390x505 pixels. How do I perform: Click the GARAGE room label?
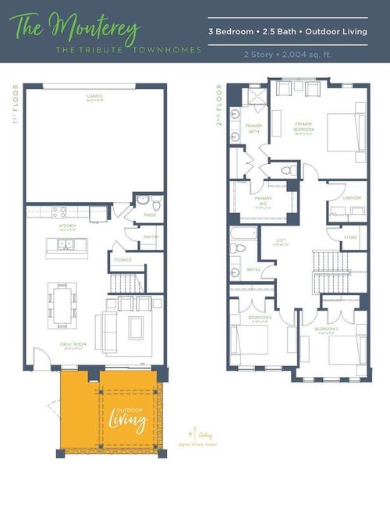click(x=95, y=97)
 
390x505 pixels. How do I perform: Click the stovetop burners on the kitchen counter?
click(x=60, y=212)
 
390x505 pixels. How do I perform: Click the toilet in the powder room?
click(x=155, y=205)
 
